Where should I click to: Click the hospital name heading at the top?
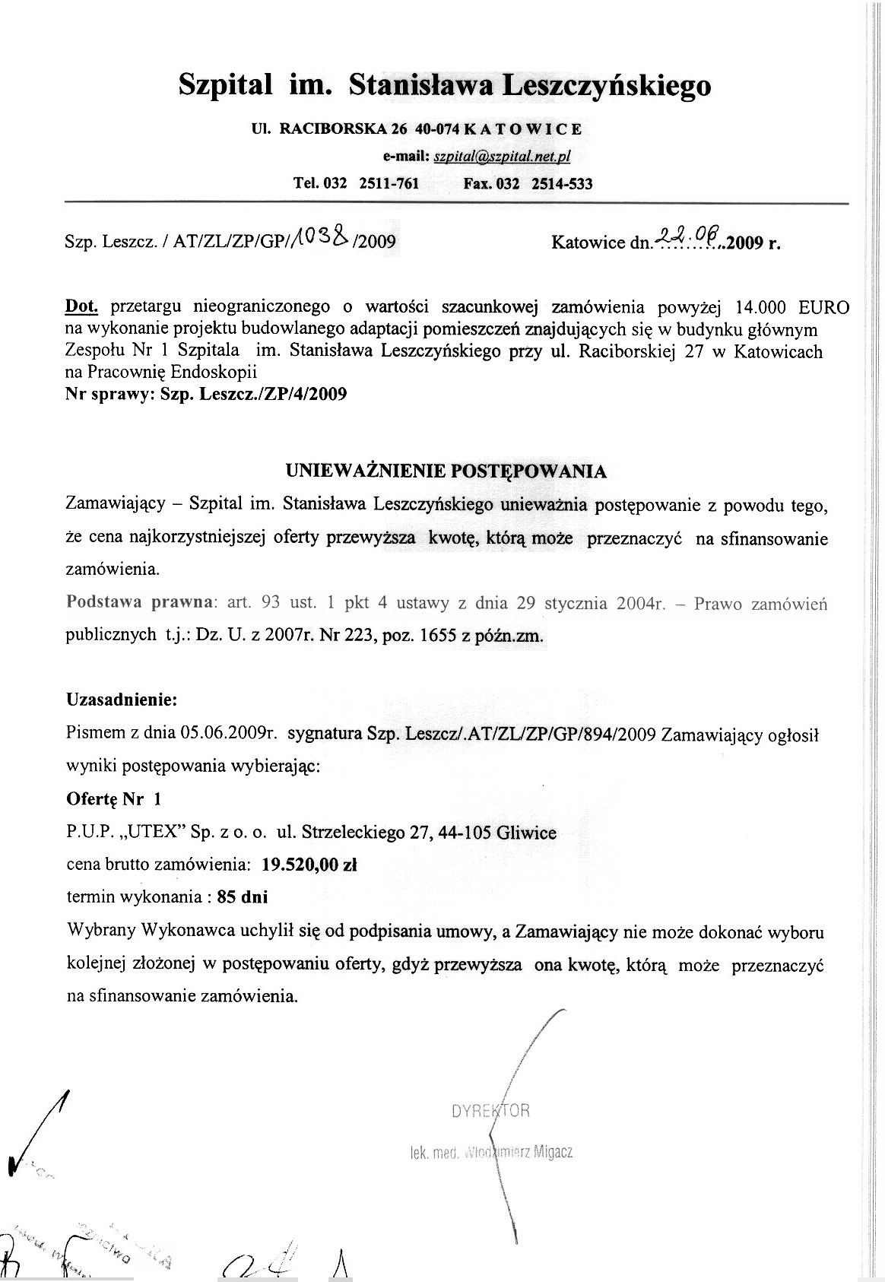445,84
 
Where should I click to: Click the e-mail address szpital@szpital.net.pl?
502,157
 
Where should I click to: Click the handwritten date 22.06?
686,239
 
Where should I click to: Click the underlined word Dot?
82,307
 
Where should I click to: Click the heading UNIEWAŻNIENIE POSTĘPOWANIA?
446,471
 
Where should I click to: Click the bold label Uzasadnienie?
122,699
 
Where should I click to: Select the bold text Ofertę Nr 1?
114,799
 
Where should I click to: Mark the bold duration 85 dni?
243,896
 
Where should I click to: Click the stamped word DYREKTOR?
490,1111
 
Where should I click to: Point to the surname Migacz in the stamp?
554,1152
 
